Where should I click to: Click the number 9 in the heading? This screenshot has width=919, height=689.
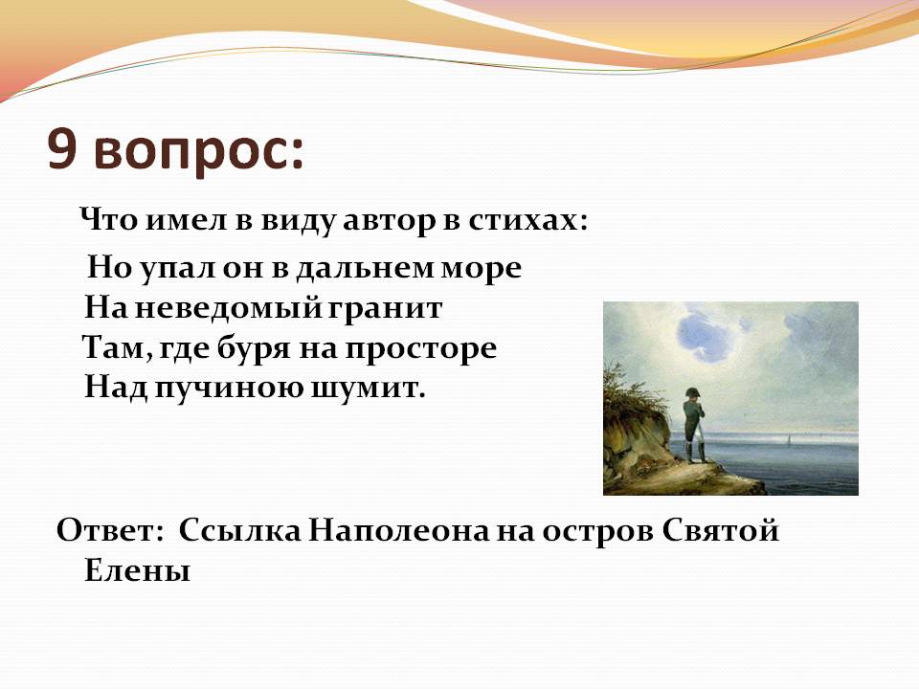[63, 149]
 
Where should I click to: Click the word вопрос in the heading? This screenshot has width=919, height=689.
[199, 152]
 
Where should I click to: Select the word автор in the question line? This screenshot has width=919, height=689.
[390, 221]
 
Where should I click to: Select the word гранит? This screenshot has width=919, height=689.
[385, 309]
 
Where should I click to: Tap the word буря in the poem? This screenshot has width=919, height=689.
[254, 348]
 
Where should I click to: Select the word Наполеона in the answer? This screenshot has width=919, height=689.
[398, 531]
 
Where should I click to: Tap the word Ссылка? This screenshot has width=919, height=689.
[239, 530]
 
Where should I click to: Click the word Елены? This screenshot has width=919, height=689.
[138, 569]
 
